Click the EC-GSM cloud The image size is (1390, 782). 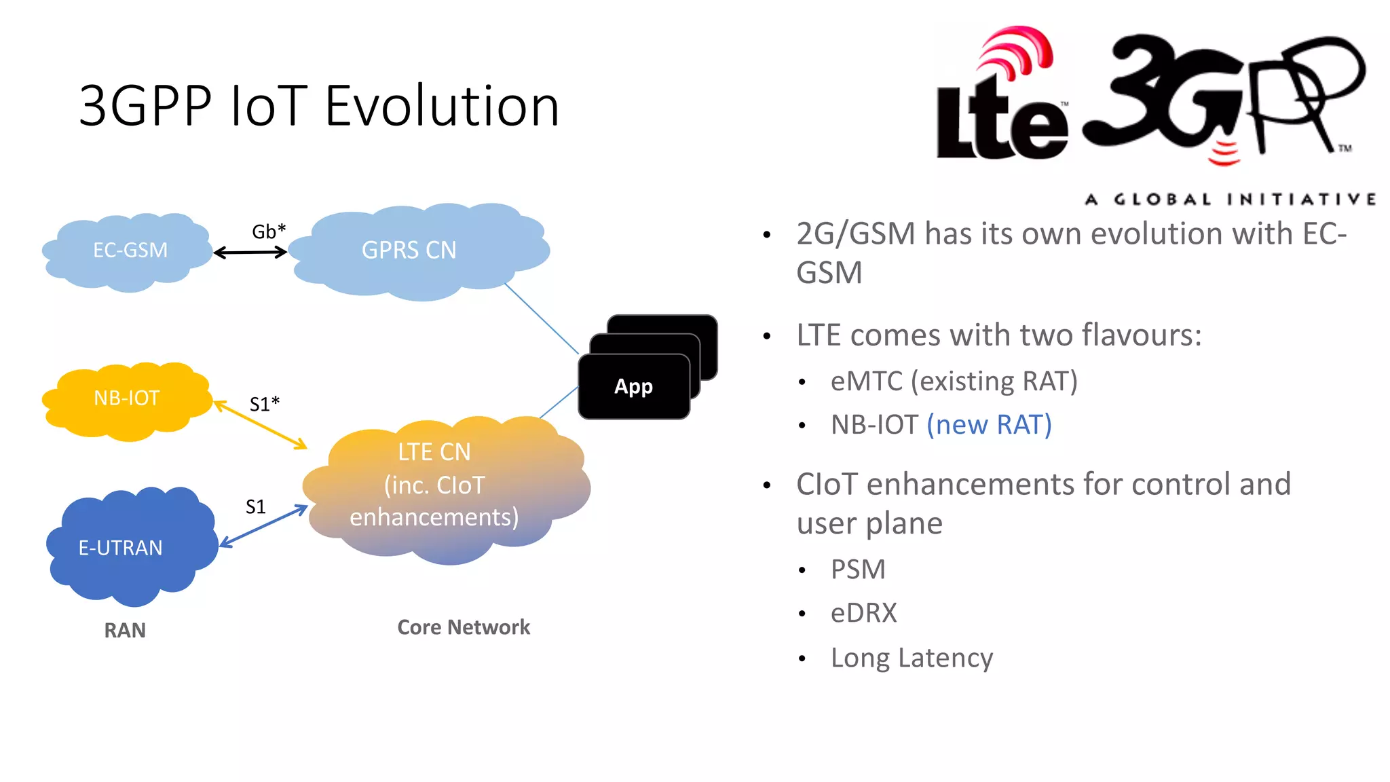point(129,250)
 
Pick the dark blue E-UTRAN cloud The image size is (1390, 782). point(129,547)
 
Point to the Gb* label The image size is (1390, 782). point(269,231)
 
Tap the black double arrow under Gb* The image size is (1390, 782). point(250,253)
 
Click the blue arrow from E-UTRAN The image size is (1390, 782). point(264,526)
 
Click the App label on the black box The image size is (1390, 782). point(633,386)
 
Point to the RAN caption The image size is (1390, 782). point(125,630)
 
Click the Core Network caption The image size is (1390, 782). point(464,627)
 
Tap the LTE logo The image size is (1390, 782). point(1001,102)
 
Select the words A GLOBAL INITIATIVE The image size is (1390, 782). point(1230,199)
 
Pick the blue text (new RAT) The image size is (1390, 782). point(989,425)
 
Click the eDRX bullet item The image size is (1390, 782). point(863,613)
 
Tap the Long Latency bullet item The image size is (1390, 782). point(912,658)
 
